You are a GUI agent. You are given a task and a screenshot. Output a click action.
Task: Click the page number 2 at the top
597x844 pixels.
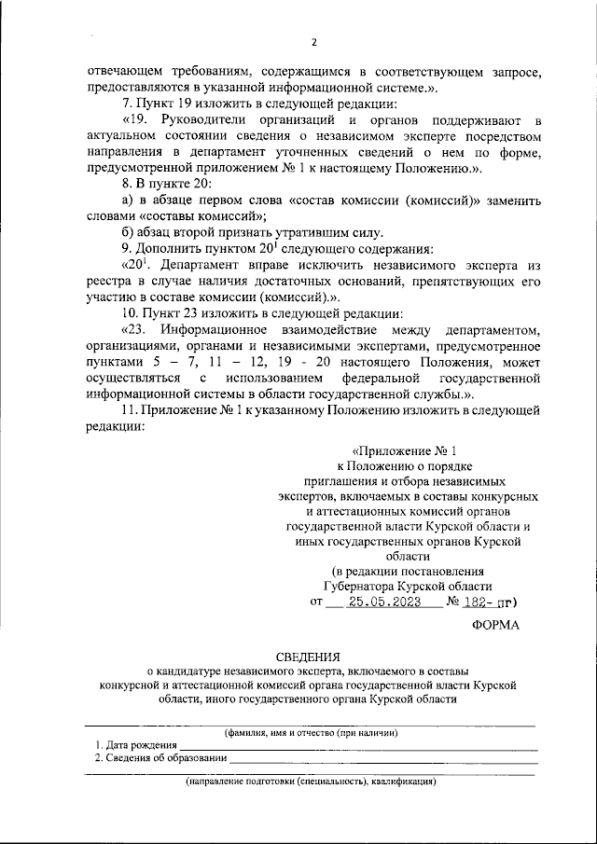314,42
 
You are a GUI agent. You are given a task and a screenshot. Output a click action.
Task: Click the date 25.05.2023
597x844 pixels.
393,602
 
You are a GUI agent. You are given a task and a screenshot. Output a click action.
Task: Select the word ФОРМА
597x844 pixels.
496,626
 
